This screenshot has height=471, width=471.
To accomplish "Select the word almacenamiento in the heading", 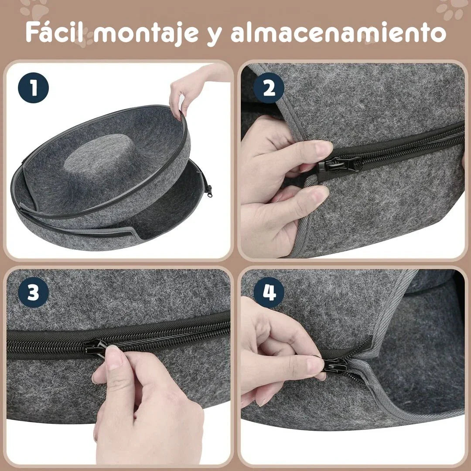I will pos(338,32).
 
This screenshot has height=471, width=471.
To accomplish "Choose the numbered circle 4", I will pos(269,293).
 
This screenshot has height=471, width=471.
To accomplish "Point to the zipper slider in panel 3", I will pos(95,348).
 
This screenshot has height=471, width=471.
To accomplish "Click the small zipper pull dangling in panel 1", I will pos(208,190).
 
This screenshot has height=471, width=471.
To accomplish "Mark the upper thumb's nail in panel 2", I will pos(323,148).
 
